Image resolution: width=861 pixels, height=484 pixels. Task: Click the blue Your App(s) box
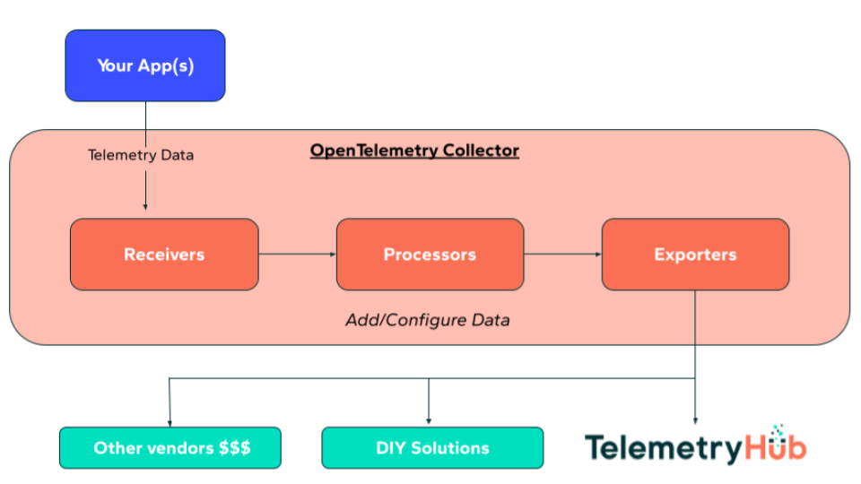click(x=144, y=65)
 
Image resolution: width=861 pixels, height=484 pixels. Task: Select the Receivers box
click(x=164, y=255)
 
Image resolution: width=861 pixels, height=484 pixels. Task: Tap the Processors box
click(x=430, y=255)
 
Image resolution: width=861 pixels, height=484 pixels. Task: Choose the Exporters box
click(x=695, y=255)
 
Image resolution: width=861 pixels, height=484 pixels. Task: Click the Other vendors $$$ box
click(x=170, y=447)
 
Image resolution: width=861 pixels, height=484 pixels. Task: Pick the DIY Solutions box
click(x=432, y=447)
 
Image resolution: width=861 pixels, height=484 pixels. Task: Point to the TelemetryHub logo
click(x=696, y=445)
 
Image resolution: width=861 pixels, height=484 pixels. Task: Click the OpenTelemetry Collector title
click(x=414, y=151)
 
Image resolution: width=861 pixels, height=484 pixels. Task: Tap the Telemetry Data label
click(x=141, y=155)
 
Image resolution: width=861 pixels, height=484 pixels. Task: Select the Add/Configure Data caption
click(x=428, y=320)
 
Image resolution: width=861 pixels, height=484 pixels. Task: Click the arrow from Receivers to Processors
click(x=297, y=255)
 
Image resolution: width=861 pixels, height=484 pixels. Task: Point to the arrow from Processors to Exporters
click(x=562, y=255)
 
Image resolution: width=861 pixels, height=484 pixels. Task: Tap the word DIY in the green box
click(x=393, y=447)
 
